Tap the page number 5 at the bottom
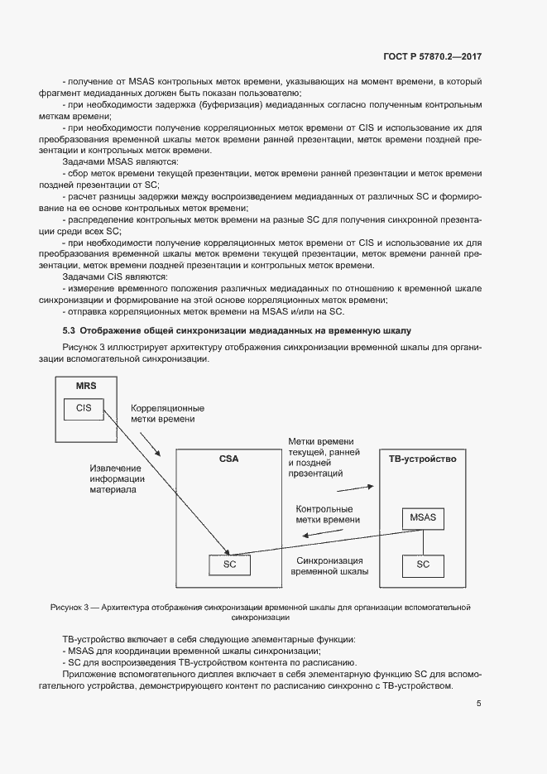coord(479,704)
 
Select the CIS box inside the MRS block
coord(84,407)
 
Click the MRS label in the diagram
coord(86,387)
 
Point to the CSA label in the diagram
coord(228,458)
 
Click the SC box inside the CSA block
coord(230,564)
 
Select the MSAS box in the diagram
coord(423,518)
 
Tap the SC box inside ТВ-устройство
coord(423,564)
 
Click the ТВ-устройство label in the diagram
coord(422,458)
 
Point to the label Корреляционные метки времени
coord(168,414)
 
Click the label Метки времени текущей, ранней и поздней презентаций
coord(320,458)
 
